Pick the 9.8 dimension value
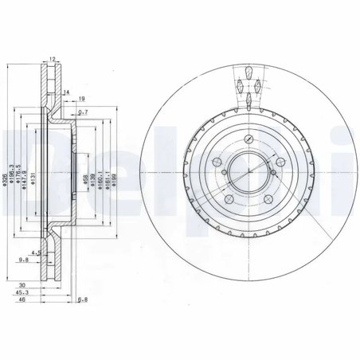point(24,259)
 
